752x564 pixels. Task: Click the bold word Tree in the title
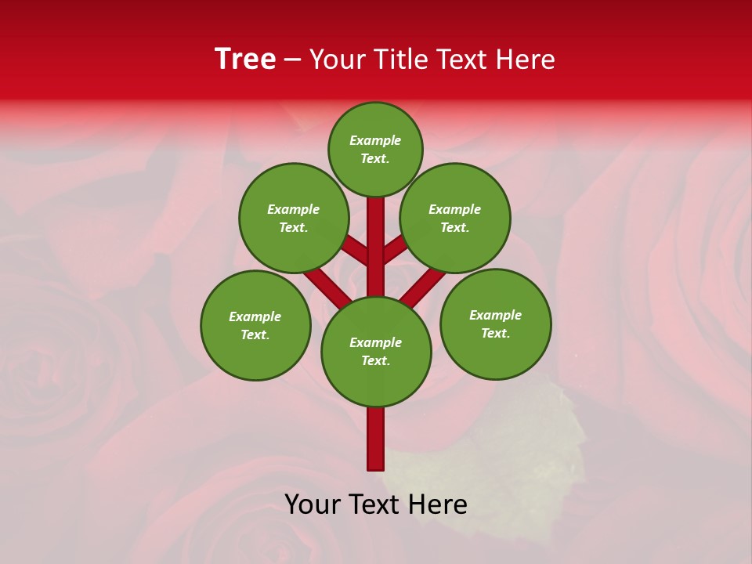click(x=245, y=60)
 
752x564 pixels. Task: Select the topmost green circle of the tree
click(x=375, y=149)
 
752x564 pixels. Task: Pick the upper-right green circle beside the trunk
click(x=455, y=218)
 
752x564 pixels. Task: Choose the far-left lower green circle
click(x=255, y=325)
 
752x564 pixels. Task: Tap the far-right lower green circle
click(x=495, y=324)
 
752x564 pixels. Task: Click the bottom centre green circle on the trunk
click(x=376, y=351)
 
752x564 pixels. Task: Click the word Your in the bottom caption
click(x=311, y=504)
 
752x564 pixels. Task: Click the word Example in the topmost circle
click(x=375, y=140)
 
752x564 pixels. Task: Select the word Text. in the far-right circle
click(x=495, y=333)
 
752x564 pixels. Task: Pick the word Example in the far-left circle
click(x=255, y=316)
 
